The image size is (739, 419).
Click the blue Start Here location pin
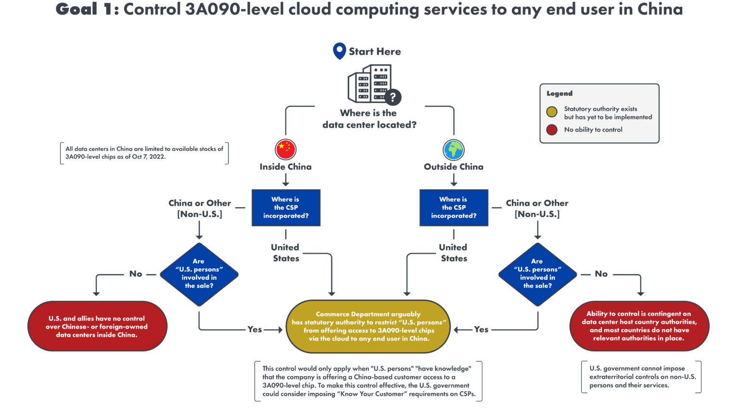pos(339,50)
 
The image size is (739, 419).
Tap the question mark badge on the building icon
pos(393,97)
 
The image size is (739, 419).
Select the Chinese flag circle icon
pos(285,149)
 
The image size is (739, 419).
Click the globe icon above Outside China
pos(453,149)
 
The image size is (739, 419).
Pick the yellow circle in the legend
pos(552,112)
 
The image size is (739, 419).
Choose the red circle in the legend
pos(552,130)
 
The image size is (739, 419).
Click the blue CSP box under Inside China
pos(286,208)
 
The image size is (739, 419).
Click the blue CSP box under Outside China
pos(454,208)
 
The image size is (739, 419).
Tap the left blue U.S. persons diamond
pos(199,274)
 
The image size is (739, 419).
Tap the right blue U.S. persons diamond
pos(537,274)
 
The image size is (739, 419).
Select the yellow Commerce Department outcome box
pos(368,326)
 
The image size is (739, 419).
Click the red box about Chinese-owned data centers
pos(97,326)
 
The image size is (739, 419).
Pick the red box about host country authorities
pos(639,326)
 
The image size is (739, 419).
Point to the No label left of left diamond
pos(136,274)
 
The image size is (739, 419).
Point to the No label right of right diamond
pos(601,274)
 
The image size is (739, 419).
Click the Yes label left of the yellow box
pos(255,330)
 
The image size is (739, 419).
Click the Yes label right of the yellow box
pos(481,330)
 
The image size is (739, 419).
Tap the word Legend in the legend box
pos(559,94)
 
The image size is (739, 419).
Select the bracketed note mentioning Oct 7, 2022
pos(144,153)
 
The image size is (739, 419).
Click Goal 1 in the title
pos(84,10)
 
